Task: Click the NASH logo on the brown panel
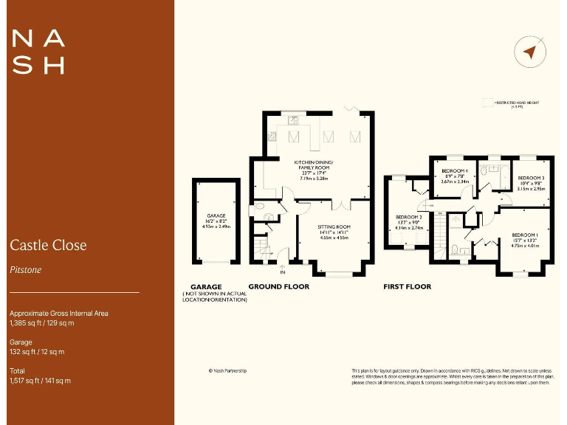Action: [x=39, y=52]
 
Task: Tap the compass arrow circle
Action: [x=529, y=52]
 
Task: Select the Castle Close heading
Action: [x=48, y=245]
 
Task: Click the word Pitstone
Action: [x=26, y=270]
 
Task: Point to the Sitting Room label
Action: [x=334, y=227]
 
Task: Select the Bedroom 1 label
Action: [x=526, y=235]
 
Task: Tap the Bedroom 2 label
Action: [x=408, y=217]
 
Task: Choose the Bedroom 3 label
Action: [x=530, y=179]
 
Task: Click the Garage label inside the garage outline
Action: [x=216, y=216]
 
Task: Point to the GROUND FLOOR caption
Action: [x=278, y=286]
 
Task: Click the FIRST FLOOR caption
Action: [x=407, y=286]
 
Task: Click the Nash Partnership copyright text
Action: [x=228, y=371]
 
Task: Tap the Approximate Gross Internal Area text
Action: [x=59, y=314]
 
